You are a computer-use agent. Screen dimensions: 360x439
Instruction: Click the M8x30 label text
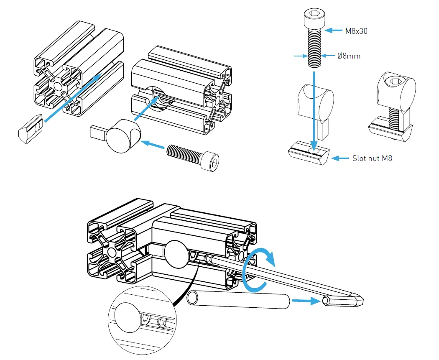[x=357, y=31]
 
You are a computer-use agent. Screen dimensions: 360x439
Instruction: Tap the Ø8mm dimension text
[x=349, y=56]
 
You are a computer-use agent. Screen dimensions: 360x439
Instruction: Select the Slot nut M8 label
[x=373, y=158]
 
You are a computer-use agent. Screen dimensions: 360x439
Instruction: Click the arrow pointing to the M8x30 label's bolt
[x=334, y=31]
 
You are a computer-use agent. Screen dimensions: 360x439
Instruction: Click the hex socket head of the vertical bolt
[x=313, y=17]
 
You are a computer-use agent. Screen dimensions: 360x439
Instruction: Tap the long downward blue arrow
[x=314, y=109]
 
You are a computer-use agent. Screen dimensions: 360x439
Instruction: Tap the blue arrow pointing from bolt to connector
[x=153, y=144]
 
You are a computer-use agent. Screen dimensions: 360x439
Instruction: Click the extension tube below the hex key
[x=238, y=300]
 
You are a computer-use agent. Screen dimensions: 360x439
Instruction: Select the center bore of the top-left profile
[x=58, y=87]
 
